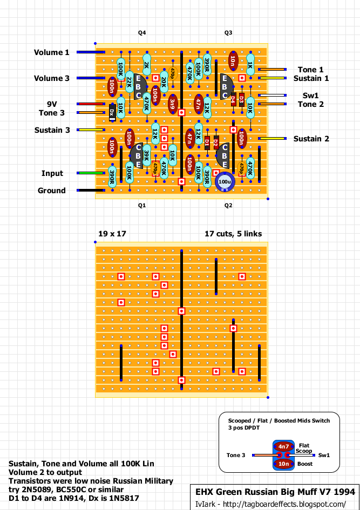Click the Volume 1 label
click(x=52, y=52)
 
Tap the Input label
click(x=52, y=173)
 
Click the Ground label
click(x=52, y=191)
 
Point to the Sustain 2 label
click(x=311, y=139)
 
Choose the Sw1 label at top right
click(x=310, y=95)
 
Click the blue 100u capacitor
click(x=225, y=182)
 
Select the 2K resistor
click(x=147, y=65)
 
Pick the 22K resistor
click(x=130, y=82)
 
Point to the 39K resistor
click(x=146, y=156)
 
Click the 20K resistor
click(x=164, y=82)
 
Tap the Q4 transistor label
click(x=142, y=33)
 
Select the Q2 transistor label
click(x=228, y=206)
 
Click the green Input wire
click(x=92, y=173)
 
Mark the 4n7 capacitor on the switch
click(x=284, y=447)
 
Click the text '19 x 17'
click(x=112, y=234)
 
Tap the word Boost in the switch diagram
click(x=304, y=464)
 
